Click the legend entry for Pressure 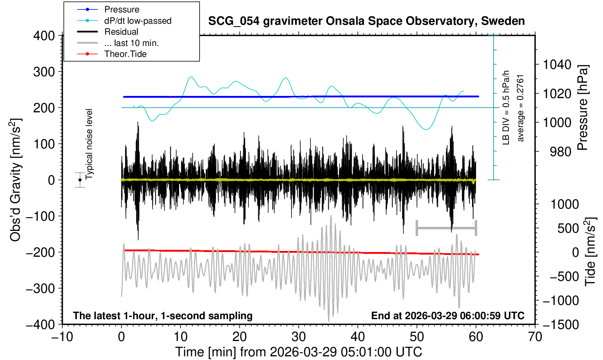pyautogui.click(x=121, y=9)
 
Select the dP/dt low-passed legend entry pyautogui.click(x=138, y=21)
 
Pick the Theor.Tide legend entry pyautogui.click(x=125, y=54)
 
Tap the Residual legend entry pyautogui.click(x=121, y=32)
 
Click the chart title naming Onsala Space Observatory pyautogui.click(x=366, y=21)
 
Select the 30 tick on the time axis pyautogui.click(x=298, y=336)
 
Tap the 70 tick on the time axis pyautogui.click(x=535, y=336)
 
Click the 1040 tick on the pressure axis pyautogui.click(x=557, y=65)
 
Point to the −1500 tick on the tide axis pyautogui.click(x=561, y=324)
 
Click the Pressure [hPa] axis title pyautogui.click(x=583, y=108)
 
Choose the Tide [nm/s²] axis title pyautogui.click(x=590, y=252)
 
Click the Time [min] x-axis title pyautogui.click(x=298, y=352)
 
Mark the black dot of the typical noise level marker pyautogui.click(x=80, y=180)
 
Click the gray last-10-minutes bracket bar pyautogui.click(x=446, y=228)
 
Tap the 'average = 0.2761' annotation pyautogui.click(x=521, y=108)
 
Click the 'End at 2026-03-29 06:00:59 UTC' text pyautogui.click(x=448, y=316)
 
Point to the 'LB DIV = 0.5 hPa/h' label pyautogui.click(x=506, y=108)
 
